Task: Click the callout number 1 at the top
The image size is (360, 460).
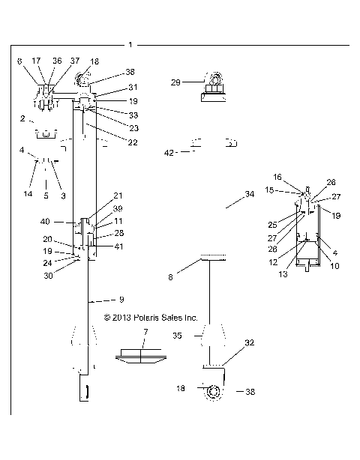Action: coord(130,45)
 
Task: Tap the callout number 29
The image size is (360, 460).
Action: coord(175,82)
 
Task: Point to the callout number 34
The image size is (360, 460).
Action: coord(250,194)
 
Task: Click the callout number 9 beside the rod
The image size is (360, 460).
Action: coord(121,300)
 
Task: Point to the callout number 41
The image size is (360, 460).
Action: coord(118,246)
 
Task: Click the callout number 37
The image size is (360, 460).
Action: coord(75,61)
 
